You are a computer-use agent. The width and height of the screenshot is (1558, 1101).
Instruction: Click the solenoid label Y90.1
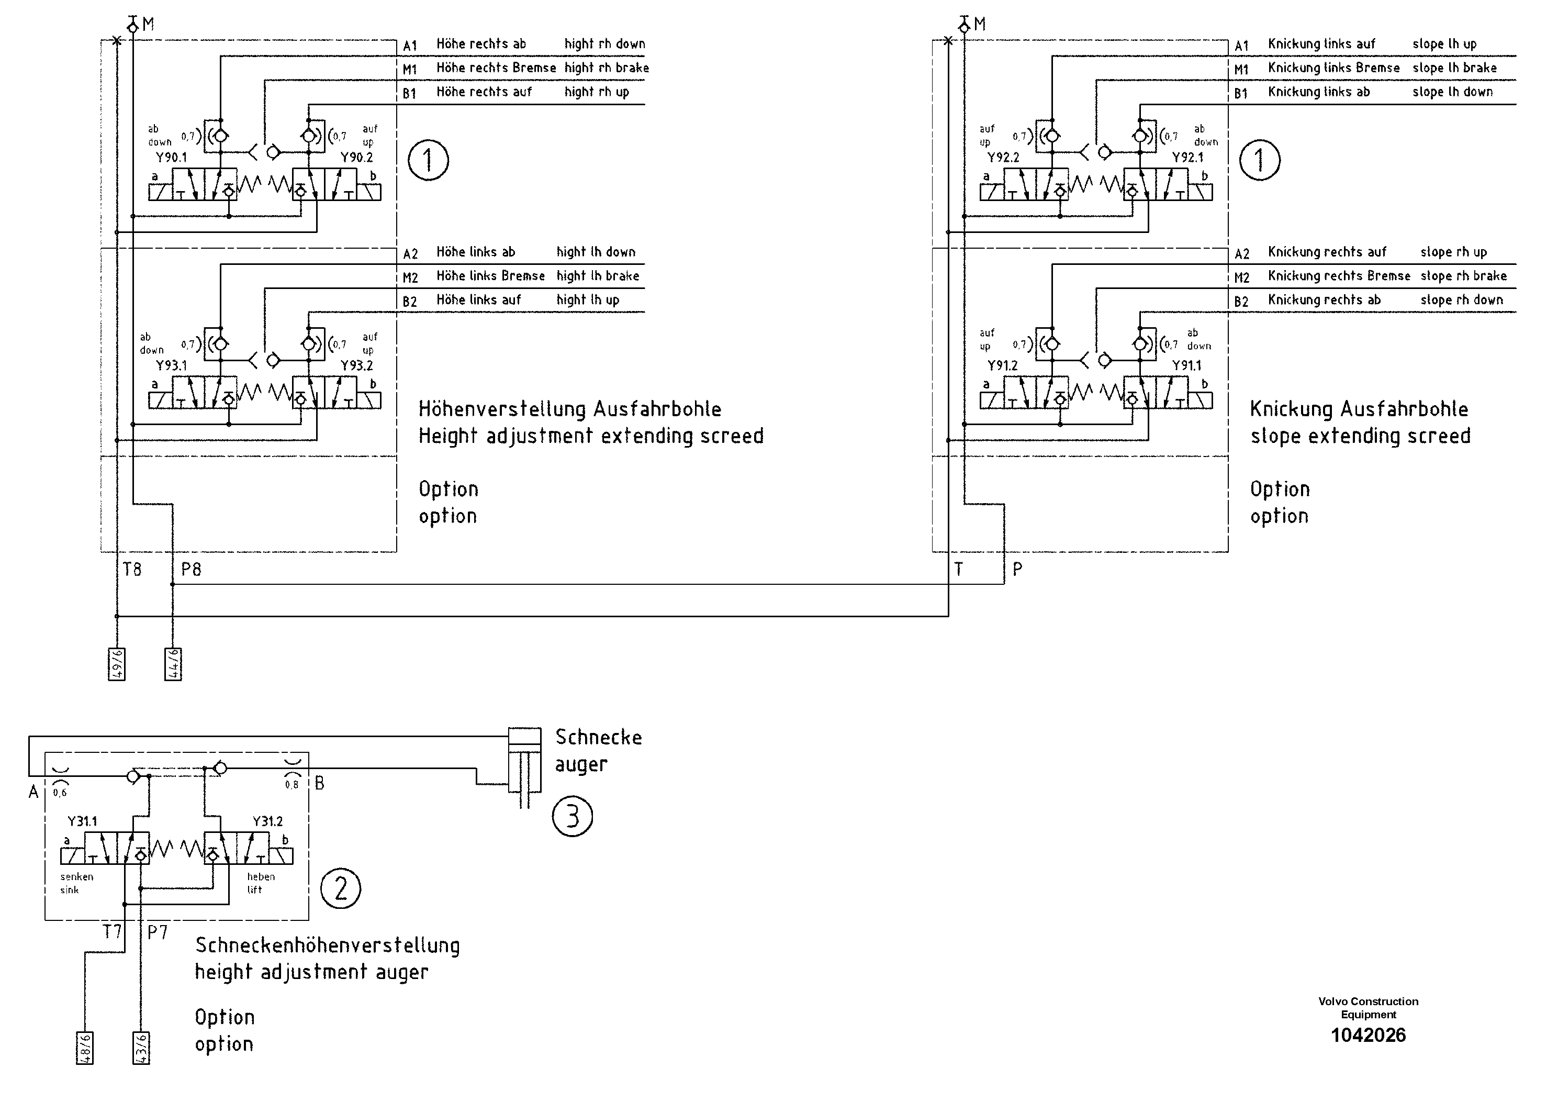click(x=171, y=158)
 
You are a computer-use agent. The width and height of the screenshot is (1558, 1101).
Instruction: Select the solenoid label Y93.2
click(x=356, y=366)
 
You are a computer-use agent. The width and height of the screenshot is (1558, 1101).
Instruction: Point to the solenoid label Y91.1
click(x=1187, y=366)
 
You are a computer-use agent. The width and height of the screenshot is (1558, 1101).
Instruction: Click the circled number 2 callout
click(x=341, y=888)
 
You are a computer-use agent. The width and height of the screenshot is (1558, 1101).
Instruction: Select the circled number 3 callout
click(x=572, y=817)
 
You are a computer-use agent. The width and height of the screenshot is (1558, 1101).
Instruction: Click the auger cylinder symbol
click(x=524, y=761)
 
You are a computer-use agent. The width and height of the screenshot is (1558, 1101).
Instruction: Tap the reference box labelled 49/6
click(x=117, y=664)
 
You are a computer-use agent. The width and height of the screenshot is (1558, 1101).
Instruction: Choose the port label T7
click(x=112, y=932)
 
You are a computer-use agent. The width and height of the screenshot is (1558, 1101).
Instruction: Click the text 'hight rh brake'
click(x=606, y=68)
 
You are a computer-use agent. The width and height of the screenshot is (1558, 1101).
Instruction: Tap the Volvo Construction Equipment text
click(x=1368, y=1008)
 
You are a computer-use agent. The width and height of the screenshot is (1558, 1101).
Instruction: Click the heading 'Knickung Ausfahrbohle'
click(x=1359, y=409)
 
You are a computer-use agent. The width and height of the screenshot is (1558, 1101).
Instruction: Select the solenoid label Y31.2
click(x=267, y=821)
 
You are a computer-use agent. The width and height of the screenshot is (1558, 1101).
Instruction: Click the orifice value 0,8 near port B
click(x=292, y=785)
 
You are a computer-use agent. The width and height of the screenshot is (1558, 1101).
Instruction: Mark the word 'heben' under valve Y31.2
click(x=261, y=877)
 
